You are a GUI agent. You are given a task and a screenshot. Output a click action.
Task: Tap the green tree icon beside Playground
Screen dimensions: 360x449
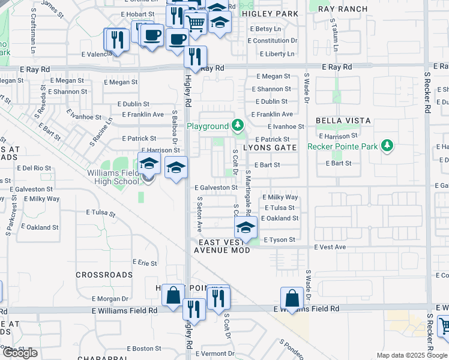point(238,126)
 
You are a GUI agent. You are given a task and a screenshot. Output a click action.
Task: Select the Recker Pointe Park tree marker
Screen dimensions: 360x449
point(387,146)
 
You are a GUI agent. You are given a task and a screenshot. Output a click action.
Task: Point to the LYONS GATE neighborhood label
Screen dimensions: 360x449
point(270,148)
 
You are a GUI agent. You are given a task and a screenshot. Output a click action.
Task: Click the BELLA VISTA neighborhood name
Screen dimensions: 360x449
point(348,121)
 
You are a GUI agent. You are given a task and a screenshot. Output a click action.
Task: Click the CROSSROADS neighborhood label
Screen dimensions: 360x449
point(104,275)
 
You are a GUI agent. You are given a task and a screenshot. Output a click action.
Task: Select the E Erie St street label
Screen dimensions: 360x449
point(144,263)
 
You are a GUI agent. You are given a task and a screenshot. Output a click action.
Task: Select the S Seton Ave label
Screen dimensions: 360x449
point(199,217)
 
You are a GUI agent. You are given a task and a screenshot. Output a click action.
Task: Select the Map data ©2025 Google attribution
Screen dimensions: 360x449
point(412,355)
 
